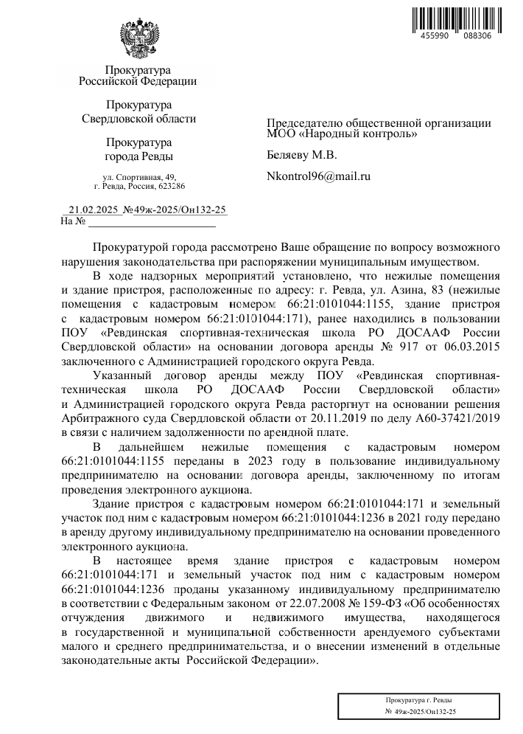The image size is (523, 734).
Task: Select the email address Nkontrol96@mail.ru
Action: click(x=318, y=176)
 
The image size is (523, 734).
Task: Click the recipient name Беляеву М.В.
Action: click(x=301, y=155)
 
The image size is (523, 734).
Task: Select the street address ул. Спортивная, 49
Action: click(x=139, y=177)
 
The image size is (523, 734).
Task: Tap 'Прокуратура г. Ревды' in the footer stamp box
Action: click(x=419, y=699)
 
